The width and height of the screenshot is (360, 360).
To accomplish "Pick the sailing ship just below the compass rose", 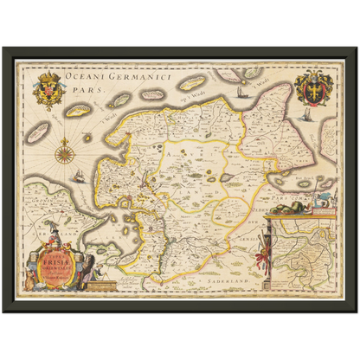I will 79,176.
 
